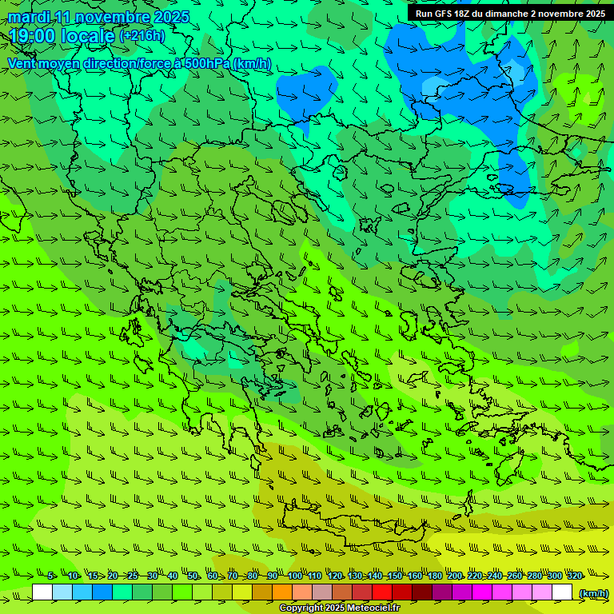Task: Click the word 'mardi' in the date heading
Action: click(28, 17)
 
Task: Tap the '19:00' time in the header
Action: click(32, 36)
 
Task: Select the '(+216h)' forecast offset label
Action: click(142, 36)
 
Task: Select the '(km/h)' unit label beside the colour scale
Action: click(592, 593)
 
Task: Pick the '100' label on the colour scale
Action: click(294, 576)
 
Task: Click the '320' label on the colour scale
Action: click(574, 576)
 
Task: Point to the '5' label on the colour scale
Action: click(50, 576)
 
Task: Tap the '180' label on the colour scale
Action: click(434, 576)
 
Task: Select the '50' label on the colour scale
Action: click(193, 576)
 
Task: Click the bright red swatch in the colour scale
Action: click(382, 592)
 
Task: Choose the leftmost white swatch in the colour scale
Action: click(42, 592)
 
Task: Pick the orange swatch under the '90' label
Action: click(282, 592)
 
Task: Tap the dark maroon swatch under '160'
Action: click(422, 592)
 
